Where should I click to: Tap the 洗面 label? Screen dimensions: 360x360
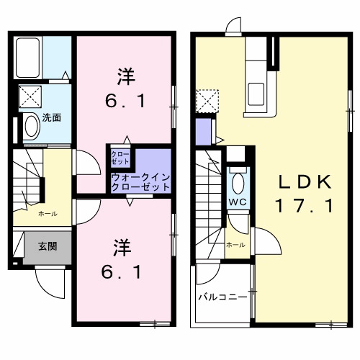coord(50,117)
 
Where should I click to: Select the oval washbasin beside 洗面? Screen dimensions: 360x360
coord(31,126)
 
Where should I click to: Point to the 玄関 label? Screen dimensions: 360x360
coord(48,246)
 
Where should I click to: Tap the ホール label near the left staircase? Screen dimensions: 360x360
coord(48,215)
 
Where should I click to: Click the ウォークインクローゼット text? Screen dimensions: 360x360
coord(141,181)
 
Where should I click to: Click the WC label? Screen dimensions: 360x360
coord(238,201)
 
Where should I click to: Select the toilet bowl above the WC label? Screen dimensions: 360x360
coord(238,180)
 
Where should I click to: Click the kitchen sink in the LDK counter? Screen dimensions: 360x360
coord(256,92)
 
